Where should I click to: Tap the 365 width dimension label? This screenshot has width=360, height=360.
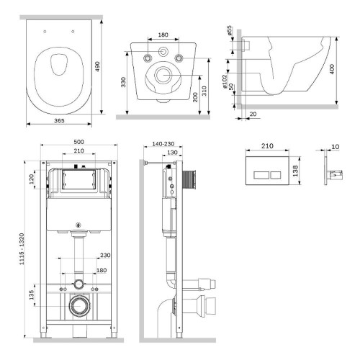(x=59, y=121)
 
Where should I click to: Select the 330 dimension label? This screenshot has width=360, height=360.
(x=123, y=82)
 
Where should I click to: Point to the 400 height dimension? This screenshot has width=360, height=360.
(x=332, y=69)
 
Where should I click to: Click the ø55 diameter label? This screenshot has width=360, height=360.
(x=230, y=30)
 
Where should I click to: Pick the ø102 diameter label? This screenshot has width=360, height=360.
(x=225, y=81)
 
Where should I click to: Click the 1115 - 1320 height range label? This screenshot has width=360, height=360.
(x=22, y=249)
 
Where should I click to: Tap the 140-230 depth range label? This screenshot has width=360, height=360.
(x=163, y=144)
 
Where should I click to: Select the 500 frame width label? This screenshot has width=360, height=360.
(x=78, y=142)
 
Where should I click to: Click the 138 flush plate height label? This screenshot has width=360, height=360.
(x=295, y=171)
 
